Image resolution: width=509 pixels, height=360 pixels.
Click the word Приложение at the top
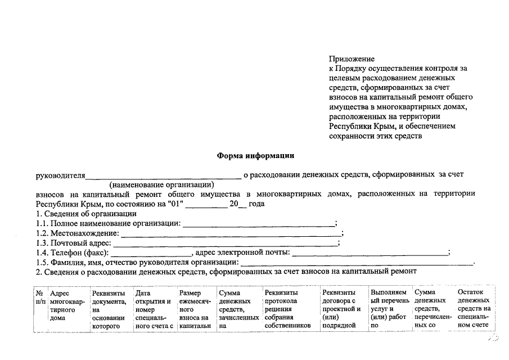[x=352, y=59]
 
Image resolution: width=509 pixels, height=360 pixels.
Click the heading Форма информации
[x=255, y=155]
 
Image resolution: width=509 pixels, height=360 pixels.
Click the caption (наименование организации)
[x=163, y=184]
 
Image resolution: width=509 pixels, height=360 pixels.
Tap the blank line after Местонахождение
[x=231, y=233]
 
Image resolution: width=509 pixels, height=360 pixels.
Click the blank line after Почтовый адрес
[x=225, y=243]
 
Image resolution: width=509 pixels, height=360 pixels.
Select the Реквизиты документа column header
[x=109, y=309]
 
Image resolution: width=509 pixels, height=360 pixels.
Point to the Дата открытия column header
[x=153, y=309]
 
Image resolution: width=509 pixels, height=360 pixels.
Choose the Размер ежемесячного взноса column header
[x=195, y=309]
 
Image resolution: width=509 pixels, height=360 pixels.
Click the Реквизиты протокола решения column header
[x=288, y=309]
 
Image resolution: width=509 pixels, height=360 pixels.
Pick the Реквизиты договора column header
[x=341, y=309]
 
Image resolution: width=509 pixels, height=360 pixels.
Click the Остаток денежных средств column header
[x=474, y=309]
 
